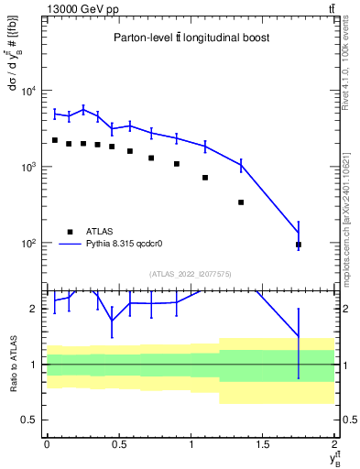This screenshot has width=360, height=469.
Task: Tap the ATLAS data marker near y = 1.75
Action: click(x=299, y=245)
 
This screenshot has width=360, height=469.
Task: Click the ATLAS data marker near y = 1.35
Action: click(x=241, y=202)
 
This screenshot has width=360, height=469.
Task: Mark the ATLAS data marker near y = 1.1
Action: click(x=205, y=178)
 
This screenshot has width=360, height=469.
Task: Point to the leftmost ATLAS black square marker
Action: click(x=55, y=140)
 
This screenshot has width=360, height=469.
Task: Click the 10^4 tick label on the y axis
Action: click(x=28, y=91)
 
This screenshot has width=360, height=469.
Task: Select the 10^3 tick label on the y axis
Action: click(x=28, y=167)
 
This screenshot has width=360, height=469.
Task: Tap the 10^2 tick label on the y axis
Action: click(x=28, y=244)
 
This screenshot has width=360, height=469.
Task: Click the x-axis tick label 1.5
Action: click(x=263, y=443)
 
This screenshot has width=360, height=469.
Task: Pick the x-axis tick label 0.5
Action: click(x=118, y=443)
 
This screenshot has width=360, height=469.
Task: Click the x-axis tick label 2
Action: click(x=335, y=443)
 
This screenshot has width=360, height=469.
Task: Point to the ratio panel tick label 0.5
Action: click(x=31, y=420)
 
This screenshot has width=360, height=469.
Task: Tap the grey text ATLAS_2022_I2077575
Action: click(x=191, y=273)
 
